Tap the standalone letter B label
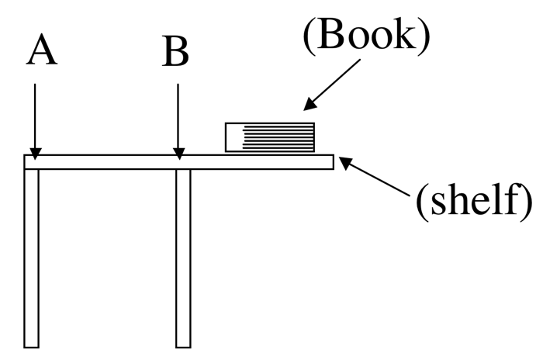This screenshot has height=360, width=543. tap(176, 52)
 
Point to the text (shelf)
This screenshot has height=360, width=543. tap(474, 200)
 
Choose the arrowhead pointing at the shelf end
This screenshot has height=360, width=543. tap(346, 162)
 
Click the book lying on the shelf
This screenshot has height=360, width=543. tap(270, 137)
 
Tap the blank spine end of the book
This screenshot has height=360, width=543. tap(233, 137)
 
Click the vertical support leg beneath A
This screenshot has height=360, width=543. tap(31, 256)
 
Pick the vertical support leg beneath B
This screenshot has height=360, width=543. tap(183, 256)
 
